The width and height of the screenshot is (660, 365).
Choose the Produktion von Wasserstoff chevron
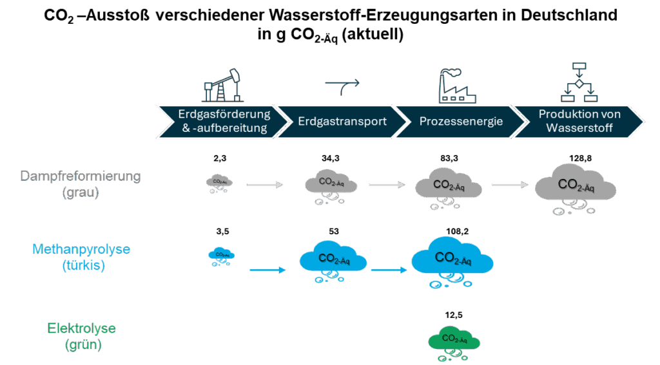point(579,121)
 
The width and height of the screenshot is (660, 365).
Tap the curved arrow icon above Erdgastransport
point(342,84)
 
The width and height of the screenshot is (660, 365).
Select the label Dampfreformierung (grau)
point(80,183)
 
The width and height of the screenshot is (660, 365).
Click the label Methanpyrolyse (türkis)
point(81,256)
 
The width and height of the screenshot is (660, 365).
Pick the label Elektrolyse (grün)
point(82,336)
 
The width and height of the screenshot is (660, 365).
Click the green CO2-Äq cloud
point(455,339)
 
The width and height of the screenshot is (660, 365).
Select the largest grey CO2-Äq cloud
point(575,185)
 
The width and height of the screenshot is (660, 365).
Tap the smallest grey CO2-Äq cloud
point(219,183)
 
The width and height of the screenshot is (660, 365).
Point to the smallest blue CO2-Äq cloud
point(220,255)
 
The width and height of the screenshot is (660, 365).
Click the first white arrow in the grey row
point(266,185)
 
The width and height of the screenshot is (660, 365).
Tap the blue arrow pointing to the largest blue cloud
point(391,270)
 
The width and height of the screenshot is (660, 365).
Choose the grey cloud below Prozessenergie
point(449,186)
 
